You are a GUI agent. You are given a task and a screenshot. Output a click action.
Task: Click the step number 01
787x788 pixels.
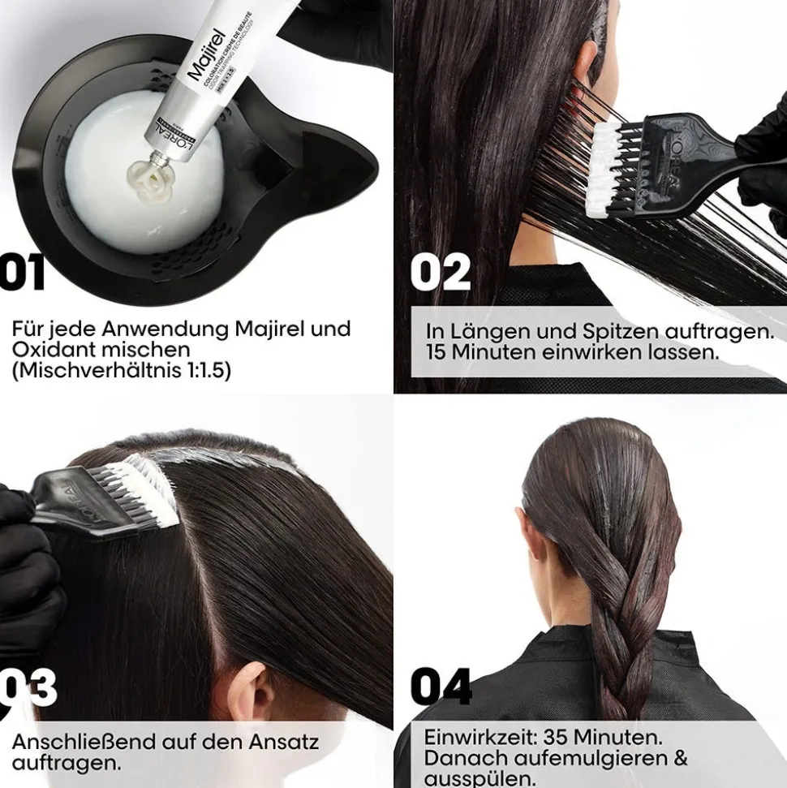point(22,273)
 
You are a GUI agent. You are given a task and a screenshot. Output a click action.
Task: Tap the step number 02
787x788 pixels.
point(440,273)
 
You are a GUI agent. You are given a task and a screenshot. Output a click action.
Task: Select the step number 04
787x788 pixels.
point(441,687)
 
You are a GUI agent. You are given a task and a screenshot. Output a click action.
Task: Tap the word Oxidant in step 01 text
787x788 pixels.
point(49,350)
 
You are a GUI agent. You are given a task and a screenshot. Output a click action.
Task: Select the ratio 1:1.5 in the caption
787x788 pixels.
point(204,371)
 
